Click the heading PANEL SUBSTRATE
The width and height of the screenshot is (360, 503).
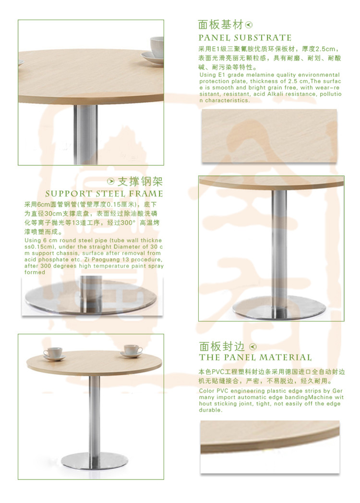[x=245, y=38]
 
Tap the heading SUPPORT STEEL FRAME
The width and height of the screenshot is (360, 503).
[x=104, y=194]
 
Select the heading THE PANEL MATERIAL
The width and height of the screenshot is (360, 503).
[x=255, y=358]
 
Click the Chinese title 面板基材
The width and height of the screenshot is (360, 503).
[x=220, y=25]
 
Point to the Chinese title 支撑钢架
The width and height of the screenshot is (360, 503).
[x=140, y=182]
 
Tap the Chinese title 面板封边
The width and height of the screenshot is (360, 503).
[x=222, y=346]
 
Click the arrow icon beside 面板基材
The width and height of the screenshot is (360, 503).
[x=249, y=25]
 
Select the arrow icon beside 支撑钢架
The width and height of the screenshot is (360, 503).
[x=111, y=182]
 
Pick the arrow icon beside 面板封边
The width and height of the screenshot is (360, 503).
[x=253, y=347]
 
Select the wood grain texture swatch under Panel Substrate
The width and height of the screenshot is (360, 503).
[x=269, y=136]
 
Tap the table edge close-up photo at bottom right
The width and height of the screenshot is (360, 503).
[x=270, y=447]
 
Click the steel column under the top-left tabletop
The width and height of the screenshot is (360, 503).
[x=85, y=134]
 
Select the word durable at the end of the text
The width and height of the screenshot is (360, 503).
[x=210, y=410]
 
